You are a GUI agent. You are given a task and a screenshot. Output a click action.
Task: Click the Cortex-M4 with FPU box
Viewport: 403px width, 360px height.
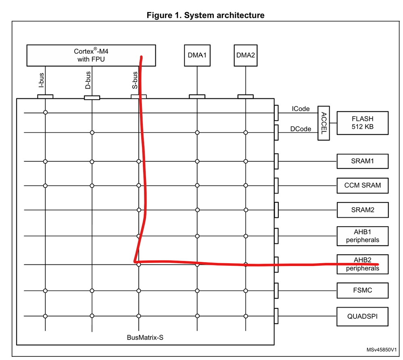[91, 56]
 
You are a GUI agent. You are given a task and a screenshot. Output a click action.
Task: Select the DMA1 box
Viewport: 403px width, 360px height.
[197, 56]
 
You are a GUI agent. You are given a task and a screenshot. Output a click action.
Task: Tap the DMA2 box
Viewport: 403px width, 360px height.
[245, 56]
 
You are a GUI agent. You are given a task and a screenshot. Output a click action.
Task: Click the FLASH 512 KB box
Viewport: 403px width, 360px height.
[362, 123]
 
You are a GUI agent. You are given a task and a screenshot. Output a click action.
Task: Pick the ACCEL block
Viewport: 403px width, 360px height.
[324, 123]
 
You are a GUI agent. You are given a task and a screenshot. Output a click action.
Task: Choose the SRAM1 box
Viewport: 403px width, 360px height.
[362, 161]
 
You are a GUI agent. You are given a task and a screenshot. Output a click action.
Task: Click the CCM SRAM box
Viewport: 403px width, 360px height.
[362, 185]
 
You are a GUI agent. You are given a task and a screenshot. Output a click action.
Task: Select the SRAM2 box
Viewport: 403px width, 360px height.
[362, 210]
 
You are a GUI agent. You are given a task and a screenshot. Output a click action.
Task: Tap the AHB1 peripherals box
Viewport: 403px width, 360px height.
[362, 236]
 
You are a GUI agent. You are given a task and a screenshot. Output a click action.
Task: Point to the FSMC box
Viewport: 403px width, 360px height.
[362, 290]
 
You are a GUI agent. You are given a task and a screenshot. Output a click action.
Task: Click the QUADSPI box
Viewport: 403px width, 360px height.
[362, 316]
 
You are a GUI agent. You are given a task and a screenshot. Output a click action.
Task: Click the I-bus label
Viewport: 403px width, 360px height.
[41, 80]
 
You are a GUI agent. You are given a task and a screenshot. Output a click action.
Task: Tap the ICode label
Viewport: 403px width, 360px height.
[301, 109]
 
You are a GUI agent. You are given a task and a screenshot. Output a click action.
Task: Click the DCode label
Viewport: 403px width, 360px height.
[301, 129]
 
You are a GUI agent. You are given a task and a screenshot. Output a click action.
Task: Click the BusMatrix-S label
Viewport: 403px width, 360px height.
[145, 337]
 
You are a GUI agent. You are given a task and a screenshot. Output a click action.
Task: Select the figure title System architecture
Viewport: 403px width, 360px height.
[205, 15]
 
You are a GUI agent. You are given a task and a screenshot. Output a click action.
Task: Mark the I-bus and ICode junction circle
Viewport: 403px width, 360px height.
[46, 112]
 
